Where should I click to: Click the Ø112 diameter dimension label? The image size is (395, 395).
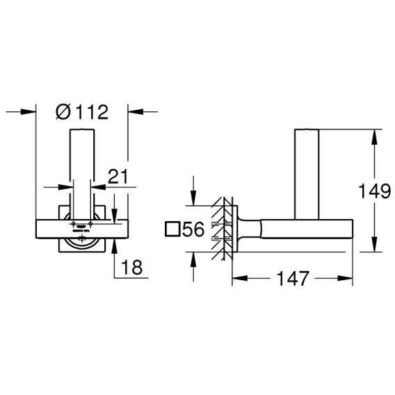[x=82, y=112]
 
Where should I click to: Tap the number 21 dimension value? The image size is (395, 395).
[x=118, y=177]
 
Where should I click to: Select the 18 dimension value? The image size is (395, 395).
[x=131, y=267]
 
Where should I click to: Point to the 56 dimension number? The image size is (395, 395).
[x=193, y=229]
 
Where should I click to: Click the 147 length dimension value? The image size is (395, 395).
[x=293, y=278]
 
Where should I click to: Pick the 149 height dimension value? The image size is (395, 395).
[x=375, y=191]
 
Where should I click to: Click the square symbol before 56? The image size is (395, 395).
[x=172, y=229]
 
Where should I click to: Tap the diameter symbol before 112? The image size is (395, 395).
[x=63, y=112]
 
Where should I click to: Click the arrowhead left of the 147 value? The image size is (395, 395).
[x=239, y=278]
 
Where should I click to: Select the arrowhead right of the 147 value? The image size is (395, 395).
[x=345, y=278]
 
